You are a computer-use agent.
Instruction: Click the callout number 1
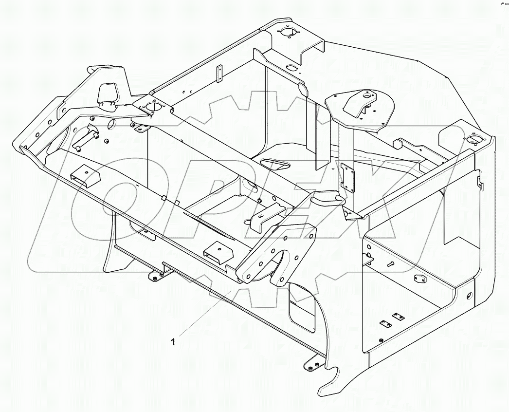[173, 342]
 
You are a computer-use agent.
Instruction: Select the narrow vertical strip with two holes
[219, 73]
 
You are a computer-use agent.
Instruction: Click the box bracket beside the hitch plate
[214, 253]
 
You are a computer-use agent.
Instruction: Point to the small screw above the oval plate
[391, 263]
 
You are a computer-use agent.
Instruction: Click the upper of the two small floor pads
[398, 317]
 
